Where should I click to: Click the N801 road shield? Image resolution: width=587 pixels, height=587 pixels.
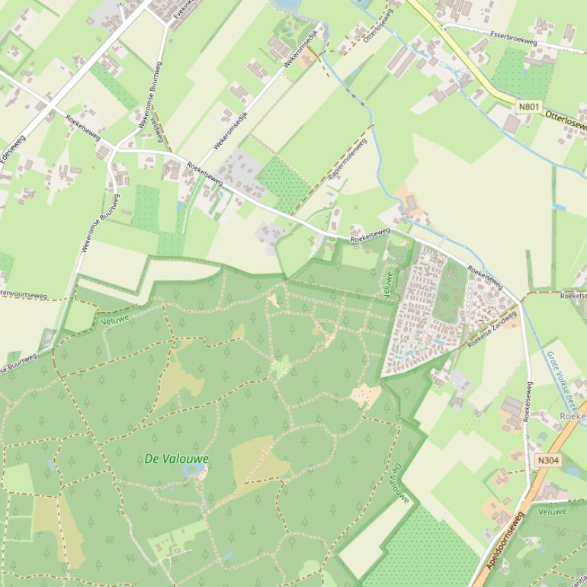528,106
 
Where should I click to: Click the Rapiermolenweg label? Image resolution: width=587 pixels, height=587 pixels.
347,159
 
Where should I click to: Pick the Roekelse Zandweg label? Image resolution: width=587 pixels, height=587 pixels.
492,329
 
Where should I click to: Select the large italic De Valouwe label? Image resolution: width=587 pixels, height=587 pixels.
176,459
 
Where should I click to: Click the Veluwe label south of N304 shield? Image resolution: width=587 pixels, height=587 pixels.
552,512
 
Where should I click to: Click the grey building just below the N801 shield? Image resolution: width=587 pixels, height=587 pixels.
511,123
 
